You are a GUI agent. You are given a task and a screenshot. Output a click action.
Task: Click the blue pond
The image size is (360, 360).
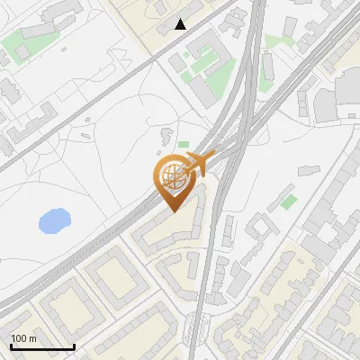click(54, 220)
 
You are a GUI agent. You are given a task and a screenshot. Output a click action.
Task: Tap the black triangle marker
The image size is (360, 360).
click(181, 24)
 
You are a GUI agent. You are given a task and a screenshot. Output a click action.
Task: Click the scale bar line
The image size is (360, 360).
click(42, 347)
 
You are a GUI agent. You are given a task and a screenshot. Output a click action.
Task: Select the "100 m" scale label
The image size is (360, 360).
click(24, 338)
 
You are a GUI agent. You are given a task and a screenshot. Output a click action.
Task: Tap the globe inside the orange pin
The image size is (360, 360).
click(172, 179)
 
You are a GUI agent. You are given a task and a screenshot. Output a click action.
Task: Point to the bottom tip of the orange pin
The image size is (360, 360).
click(172, 211)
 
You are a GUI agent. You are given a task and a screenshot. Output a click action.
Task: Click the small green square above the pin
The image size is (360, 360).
click(184, 144)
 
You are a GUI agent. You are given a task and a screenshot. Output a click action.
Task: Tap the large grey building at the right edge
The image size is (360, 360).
click(347, 95)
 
